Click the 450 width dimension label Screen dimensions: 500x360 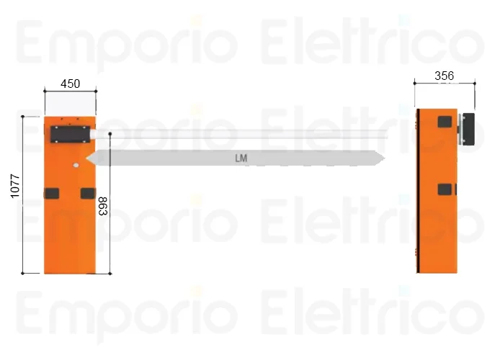pos(70,84)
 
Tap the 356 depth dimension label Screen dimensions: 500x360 pos(445,76)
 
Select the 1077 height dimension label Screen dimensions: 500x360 pos(15,186)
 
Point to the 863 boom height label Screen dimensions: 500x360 pos(103,206)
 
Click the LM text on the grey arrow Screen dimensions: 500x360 pos(241,158)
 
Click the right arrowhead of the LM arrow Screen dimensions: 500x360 pos(380,158)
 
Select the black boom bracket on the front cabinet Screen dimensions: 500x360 pos(70,134)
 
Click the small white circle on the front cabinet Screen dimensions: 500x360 pos(76,165)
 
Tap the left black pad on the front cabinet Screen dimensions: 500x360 pos(52,194)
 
